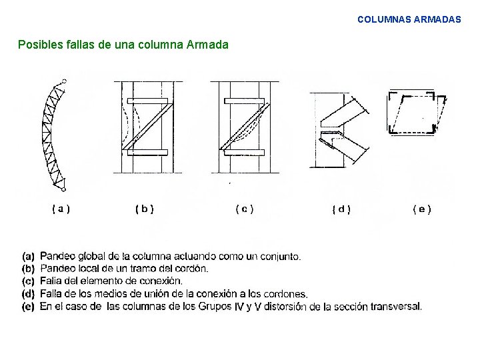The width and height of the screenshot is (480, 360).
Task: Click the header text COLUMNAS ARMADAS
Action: (409, 20)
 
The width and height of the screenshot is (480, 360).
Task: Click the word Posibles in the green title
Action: (39, 45)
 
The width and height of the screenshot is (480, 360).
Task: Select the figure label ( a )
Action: (61, 209)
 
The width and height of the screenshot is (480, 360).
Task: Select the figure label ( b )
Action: (144, 209)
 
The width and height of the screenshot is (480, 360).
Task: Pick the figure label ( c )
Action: (244, 209)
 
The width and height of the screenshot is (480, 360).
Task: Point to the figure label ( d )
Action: (341, 209)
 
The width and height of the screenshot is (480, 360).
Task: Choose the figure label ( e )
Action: (422, 209)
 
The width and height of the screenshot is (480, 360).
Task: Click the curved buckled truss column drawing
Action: (53, 133)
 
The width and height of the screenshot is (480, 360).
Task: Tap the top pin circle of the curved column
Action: (63, 81)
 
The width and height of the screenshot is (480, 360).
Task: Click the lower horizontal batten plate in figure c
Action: (243, 153)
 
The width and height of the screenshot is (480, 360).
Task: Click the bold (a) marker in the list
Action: (29, 256)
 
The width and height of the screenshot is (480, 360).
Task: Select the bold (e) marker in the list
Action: (29, 307)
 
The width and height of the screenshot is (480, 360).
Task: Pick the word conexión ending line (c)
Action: (160, 281)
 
